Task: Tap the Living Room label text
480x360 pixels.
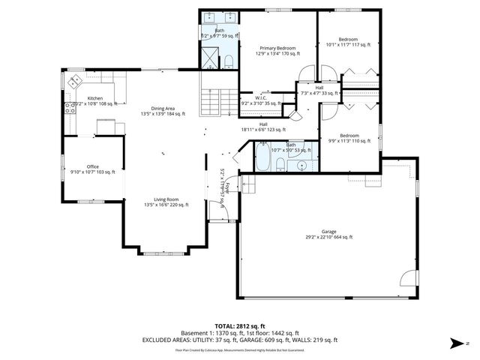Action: coord(166,201)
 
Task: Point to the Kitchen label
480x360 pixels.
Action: coord(94,100)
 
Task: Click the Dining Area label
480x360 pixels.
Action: coord(163,110)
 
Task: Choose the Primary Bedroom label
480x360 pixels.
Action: coord(277,50)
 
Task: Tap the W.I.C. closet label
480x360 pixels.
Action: coord(260,100)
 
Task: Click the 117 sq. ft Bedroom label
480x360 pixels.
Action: coord(348,42)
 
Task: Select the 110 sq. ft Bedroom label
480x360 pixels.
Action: coord(350,138)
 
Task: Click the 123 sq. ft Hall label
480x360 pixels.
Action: coord(263,127)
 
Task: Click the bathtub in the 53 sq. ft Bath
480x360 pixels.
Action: coord(263,158)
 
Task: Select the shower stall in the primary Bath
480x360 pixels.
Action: coord(209,58)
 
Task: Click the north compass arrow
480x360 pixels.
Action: coord(456,344)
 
